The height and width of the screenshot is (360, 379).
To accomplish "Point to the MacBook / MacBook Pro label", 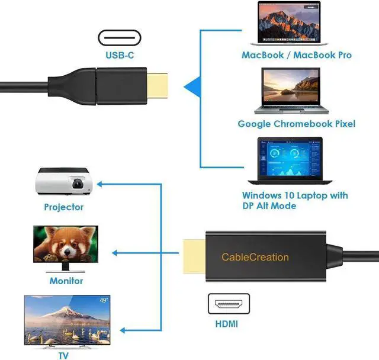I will pos(296,55).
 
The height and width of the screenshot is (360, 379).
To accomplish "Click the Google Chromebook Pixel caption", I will pos(296,124).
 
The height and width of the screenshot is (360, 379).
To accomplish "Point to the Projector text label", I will pos(63,207).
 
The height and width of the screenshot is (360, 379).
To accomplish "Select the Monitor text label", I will pos(66,281).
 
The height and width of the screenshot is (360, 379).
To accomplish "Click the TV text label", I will pos(63,355).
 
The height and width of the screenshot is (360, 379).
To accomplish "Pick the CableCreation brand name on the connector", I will pos(255,257).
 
